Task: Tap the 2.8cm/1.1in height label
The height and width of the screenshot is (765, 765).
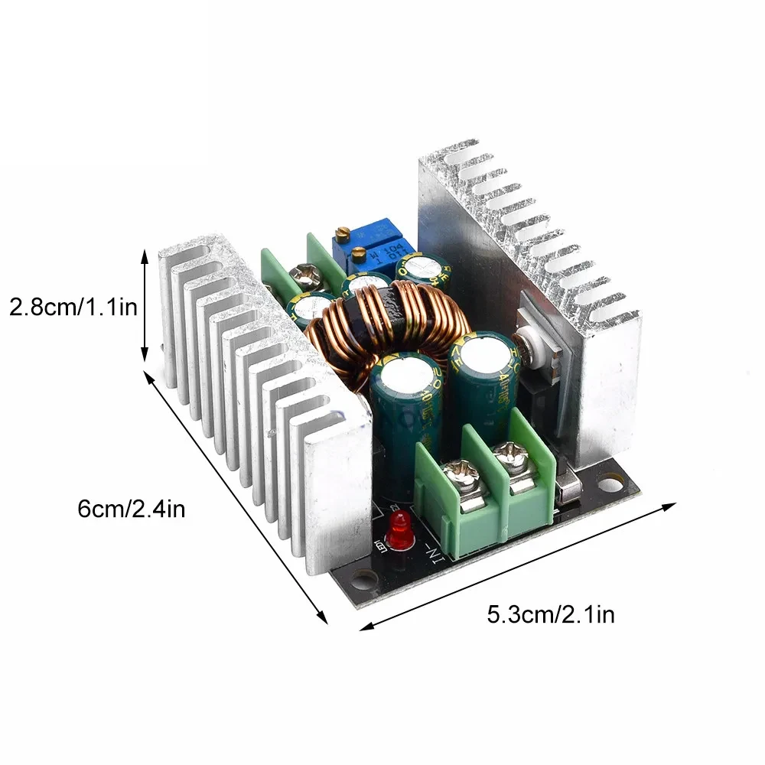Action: coord(73,308)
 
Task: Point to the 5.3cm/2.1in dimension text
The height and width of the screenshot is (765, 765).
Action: coord(551,614)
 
